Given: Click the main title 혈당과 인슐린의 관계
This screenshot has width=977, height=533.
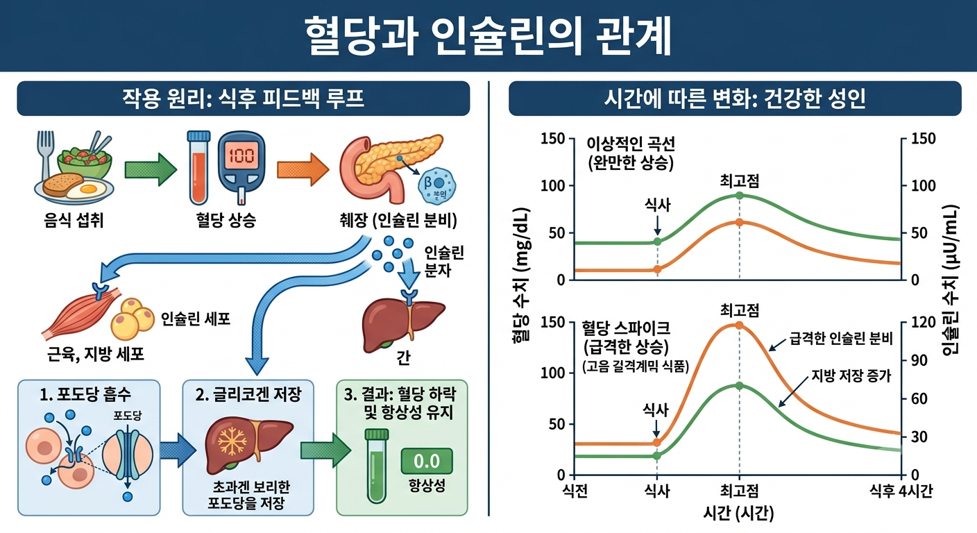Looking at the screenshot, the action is [488, 36].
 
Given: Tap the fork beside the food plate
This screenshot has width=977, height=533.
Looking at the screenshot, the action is [45, 155].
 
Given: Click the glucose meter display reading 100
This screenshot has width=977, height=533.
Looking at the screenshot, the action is [241, 155].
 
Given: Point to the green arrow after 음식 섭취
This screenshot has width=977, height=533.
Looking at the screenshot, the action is [151, 169].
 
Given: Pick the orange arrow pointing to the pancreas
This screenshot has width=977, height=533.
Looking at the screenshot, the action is [303, 169].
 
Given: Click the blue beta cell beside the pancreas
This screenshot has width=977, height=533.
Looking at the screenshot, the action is [436, 185].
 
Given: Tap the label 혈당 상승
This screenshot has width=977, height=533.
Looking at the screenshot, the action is [226, 220].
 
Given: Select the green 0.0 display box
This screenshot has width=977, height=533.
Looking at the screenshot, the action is [427, 461].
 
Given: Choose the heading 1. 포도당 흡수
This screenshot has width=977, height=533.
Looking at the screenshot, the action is [85, 395].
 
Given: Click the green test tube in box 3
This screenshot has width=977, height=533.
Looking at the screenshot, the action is [376, 466].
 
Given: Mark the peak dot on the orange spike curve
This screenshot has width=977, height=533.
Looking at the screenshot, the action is [739, 325].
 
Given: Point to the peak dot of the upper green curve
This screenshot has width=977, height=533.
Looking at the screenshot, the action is [739, 195].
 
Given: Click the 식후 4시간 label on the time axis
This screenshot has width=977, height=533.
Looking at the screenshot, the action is [901, 491].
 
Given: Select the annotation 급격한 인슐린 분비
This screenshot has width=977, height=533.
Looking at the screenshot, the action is [841, 339].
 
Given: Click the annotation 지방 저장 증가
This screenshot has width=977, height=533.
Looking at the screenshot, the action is [851, 375].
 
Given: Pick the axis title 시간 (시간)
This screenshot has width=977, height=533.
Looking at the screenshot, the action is [738, 514].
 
